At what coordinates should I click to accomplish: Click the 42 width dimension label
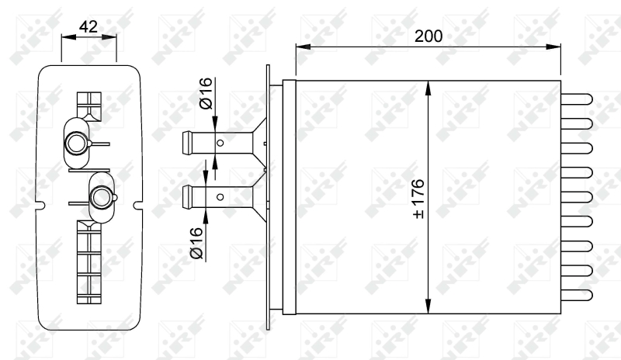point(88,27)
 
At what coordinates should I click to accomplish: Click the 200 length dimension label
point(428,36)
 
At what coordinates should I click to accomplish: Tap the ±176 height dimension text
point(418,199)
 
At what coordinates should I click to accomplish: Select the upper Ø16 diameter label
point(206,93)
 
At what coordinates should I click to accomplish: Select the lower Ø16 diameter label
point(196,243)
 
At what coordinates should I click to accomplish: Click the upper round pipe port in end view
point(76,143)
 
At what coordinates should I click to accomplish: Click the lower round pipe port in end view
point(102,196)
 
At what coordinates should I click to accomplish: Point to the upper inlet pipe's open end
point(185,143)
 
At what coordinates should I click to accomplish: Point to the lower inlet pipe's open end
point(185,197)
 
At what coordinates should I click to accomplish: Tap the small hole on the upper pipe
point(220,143)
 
